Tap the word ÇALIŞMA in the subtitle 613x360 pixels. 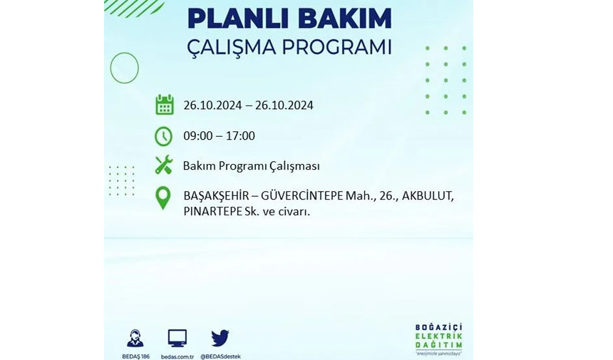[232, 48]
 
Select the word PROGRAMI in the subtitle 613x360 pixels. [336, 47]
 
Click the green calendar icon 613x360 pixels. [165, 104]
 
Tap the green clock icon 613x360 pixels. [163, 136]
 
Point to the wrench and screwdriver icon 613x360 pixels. [163, 165]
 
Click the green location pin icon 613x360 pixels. [163, 197]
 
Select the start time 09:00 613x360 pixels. [198, 135]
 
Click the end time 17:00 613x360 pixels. [240, 135]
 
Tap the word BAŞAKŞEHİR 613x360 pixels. [216, 195]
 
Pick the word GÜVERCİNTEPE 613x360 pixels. [302, 195]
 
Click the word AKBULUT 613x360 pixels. [428, 196]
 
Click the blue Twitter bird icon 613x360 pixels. [220, 338]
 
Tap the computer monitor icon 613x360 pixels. [177, 338]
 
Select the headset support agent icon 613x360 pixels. [135, 338]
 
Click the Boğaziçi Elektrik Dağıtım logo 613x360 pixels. [438, 339]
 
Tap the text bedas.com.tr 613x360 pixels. [177, 356]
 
